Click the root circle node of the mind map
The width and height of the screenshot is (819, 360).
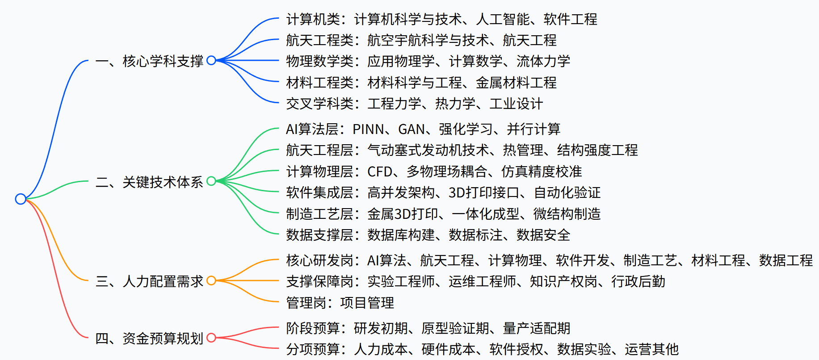(21, 199)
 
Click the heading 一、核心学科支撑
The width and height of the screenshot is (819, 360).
(149, 61)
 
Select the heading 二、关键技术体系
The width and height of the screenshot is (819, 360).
(149, 182)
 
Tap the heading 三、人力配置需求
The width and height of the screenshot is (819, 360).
(149, 281)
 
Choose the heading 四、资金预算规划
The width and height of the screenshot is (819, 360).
(149, 338)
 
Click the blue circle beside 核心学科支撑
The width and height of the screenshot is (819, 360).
(211, 60)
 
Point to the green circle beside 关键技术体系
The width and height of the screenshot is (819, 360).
(211, 181)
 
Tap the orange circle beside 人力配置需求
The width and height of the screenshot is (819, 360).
(211, 280)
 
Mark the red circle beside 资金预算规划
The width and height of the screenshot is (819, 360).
(211, 337)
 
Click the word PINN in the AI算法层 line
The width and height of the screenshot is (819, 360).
(368, 130)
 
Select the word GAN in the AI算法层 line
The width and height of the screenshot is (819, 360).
(412, 130)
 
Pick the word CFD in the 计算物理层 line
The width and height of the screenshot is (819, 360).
(380, 172)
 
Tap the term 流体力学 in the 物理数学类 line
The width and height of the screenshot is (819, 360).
(543, 61)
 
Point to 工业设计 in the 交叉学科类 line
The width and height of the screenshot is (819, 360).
(516, 104)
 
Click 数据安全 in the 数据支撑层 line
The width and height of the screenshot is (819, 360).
(543, 235)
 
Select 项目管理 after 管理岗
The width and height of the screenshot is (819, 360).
(367, 303)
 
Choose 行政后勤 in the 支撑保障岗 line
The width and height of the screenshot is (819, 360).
(638, 281)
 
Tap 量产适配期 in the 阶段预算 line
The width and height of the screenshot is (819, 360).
(537, 328)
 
